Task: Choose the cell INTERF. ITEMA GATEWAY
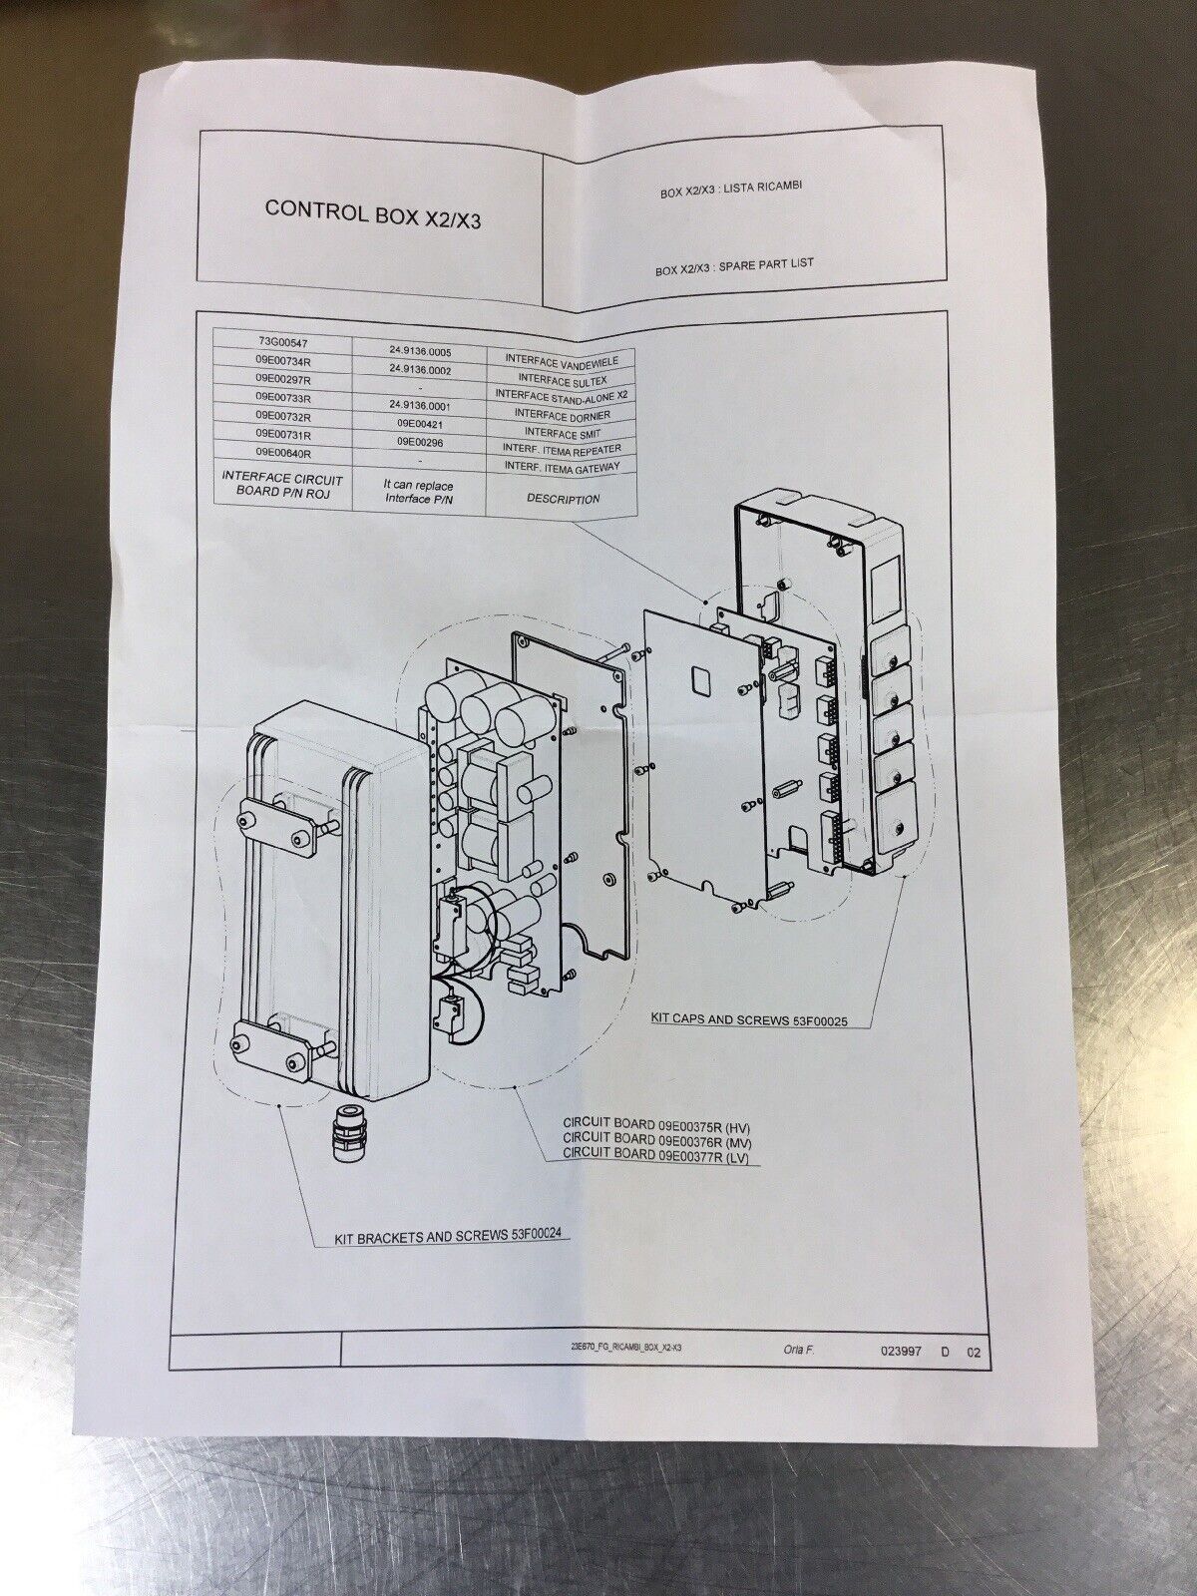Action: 563,465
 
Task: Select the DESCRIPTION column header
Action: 561,497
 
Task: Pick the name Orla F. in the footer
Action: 798,1352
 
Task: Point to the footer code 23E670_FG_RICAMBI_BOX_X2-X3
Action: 625,1349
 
